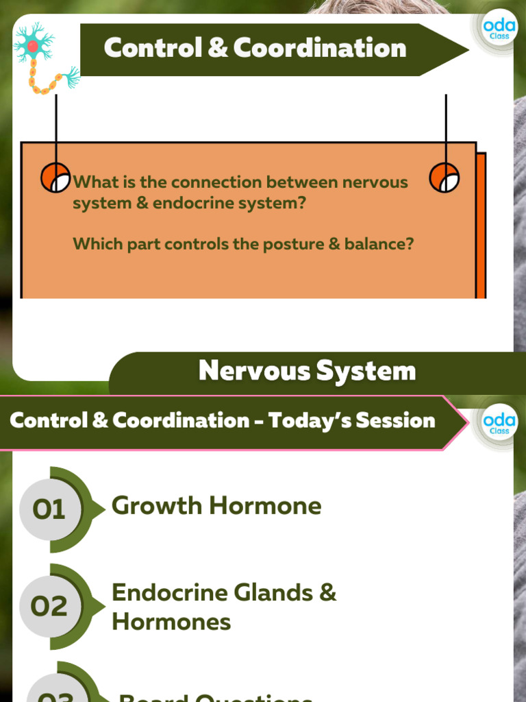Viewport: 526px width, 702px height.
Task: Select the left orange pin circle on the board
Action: coord(55,178)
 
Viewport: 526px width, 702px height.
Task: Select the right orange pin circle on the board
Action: coord(444,178)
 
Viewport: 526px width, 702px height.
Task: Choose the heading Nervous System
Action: coord(307,371)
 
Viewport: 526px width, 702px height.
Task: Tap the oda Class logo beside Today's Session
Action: coord(499,421)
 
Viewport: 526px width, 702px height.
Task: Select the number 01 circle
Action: coord(49,509)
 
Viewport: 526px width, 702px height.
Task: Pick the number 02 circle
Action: coord(49,606)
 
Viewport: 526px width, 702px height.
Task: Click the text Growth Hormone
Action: coord(216,506)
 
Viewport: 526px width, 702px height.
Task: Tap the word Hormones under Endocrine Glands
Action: coord(171,622)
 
